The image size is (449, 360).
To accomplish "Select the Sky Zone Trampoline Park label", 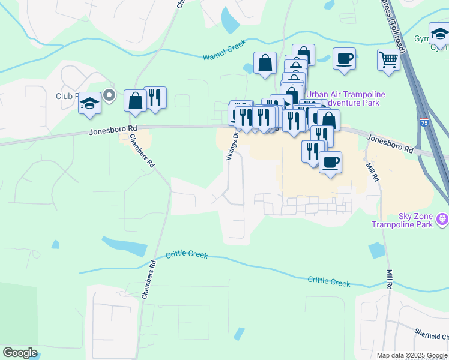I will [415, 220].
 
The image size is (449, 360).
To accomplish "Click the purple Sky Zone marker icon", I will [443, 220].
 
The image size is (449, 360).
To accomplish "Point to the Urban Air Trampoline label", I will [346, 94].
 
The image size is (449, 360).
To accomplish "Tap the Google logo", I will [20, 353].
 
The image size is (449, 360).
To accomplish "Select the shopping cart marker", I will [388, 60].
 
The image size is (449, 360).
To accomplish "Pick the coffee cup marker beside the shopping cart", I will [344, 59].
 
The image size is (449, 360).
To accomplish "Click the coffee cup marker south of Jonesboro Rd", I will [330, 162].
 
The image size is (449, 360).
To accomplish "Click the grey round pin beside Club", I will [109, 95].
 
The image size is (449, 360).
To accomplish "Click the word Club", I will [64, 96].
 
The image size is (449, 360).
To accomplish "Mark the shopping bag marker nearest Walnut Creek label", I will [265, 62].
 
